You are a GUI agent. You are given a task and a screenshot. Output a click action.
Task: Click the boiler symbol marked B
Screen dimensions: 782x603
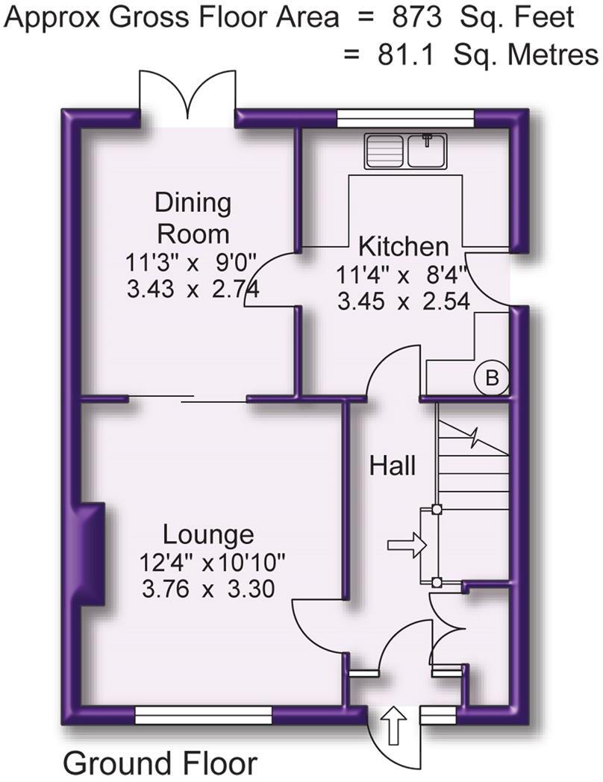490,378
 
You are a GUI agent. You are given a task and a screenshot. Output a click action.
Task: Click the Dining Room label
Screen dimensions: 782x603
193,218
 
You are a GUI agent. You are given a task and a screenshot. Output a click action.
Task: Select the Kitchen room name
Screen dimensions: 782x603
404,245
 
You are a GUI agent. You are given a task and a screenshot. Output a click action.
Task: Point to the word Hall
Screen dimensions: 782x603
393,466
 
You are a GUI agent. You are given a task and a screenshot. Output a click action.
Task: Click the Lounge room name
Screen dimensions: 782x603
208,534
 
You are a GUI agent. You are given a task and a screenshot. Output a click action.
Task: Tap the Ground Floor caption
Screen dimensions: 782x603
160,763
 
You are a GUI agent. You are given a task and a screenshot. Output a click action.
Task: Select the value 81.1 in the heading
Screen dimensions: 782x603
403,54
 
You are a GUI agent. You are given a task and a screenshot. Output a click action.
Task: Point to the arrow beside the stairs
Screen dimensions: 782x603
406,546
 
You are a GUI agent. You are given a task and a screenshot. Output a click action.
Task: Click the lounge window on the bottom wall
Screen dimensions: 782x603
204,716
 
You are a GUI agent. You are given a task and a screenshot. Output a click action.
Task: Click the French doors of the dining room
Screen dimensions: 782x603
187,97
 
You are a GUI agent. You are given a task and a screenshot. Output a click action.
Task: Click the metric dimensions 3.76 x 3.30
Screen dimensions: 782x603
207,589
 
